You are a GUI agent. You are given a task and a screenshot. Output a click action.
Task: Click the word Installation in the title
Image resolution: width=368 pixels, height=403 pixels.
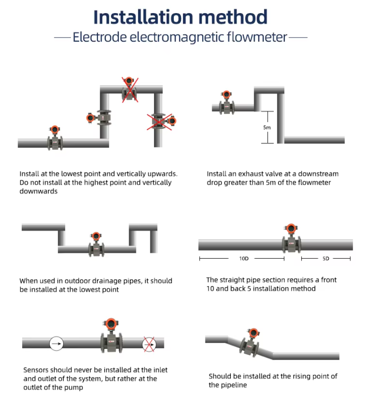(x=143, y=17)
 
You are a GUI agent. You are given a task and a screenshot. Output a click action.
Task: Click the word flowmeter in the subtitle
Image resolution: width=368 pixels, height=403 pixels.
(x=257, y=37)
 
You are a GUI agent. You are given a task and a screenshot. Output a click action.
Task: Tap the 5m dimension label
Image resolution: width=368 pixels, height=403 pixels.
(x=267, y=128)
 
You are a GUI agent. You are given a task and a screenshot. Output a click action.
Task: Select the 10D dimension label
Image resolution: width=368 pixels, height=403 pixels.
(x=244, y=259)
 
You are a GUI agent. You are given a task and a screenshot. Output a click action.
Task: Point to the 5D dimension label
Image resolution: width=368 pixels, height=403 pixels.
(x=326, y=259)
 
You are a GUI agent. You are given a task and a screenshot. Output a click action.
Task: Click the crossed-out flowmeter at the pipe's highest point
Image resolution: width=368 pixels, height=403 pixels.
(x=129, y=90)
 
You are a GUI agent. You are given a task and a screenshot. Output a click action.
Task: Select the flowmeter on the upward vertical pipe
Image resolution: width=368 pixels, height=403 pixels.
(x=99, y=118)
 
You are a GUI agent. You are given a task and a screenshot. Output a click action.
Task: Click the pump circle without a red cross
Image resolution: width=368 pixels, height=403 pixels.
(x=56, y=343)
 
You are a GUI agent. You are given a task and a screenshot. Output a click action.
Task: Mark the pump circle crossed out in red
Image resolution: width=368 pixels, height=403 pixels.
(x=149, y=344)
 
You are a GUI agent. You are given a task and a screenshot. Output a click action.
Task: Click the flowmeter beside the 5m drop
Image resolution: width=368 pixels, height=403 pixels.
(x=227, y=103)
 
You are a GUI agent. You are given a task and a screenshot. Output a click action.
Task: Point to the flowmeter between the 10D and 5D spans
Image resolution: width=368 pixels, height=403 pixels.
(x=291, y=238)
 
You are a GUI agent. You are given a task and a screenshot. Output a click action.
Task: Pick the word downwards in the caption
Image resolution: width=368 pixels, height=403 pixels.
(x=38, y=191)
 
